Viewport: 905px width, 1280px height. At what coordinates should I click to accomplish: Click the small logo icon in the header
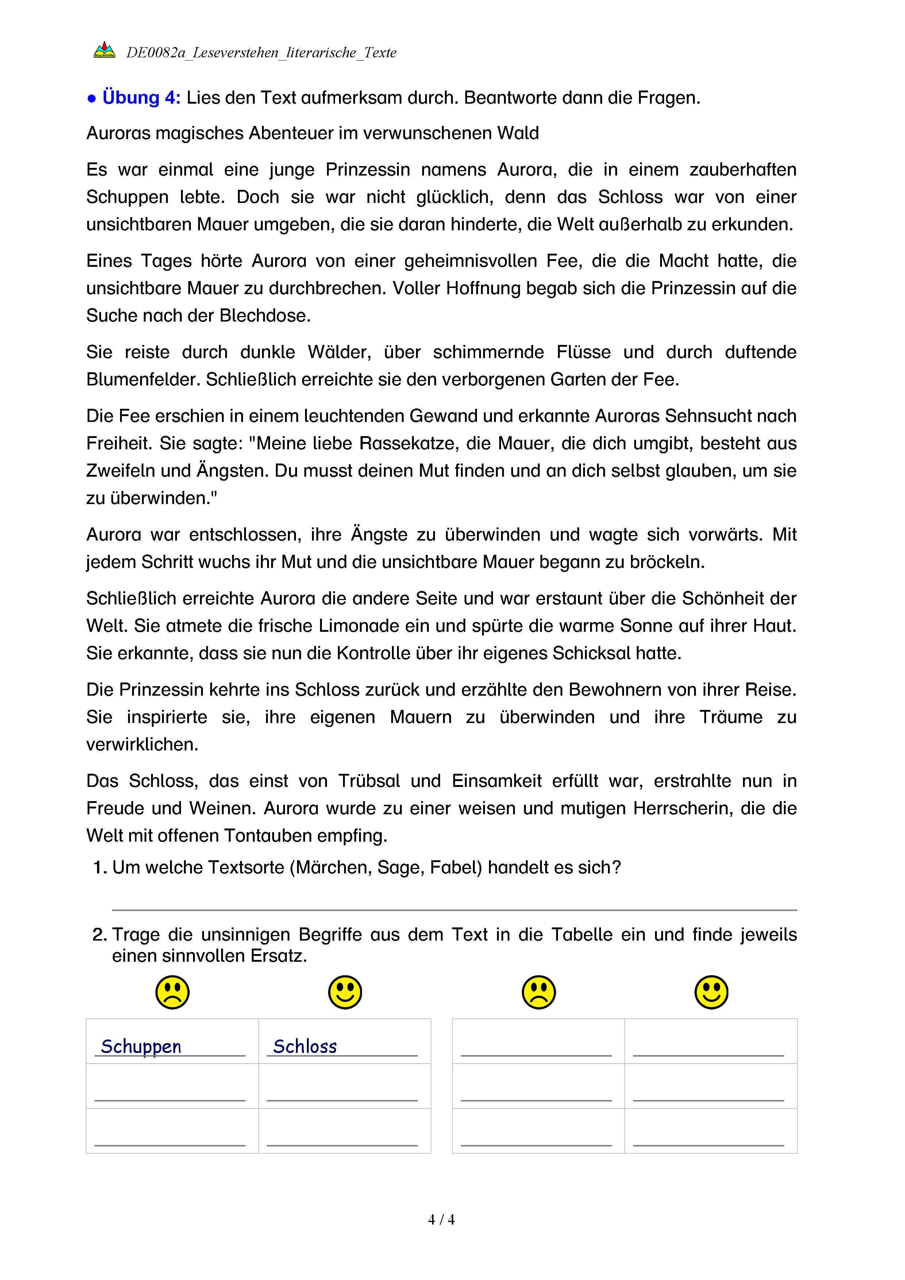click(x=104, y=50)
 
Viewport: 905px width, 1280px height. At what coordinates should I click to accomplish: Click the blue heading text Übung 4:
click(x=142, y=97)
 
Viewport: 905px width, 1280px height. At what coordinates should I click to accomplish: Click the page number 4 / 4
click(x=441, y=1220)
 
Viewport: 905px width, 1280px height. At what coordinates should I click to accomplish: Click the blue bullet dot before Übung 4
click(x=92, y=99)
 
